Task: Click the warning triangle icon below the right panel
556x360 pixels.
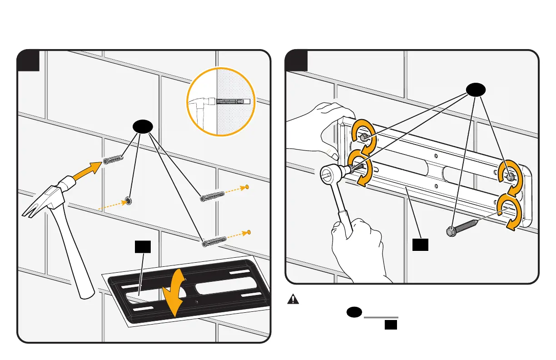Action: pyautogui.click(x=295, y=300)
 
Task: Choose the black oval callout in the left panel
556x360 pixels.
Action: pyautogui.click(x=142, y=128)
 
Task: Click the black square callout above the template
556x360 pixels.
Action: pyautogui.click(x=144, y=247)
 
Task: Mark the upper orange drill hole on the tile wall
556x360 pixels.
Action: pyautogui.click(x=248, y=187)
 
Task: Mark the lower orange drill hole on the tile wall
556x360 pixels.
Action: pyautogui.click(x=249, y=232)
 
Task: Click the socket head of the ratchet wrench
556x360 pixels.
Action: pyautogui.click(x=331, y=172)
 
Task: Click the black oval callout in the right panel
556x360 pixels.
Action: pyautogui.click(x=474, y=90)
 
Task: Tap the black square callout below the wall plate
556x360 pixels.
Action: pyautogui.click(x=421, y=245)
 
